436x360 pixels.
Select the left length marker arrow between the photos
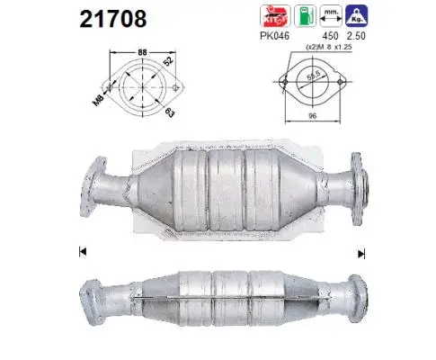[x=83, y=250]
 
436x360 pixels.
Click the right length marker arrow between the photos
[x=361, y=252]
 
